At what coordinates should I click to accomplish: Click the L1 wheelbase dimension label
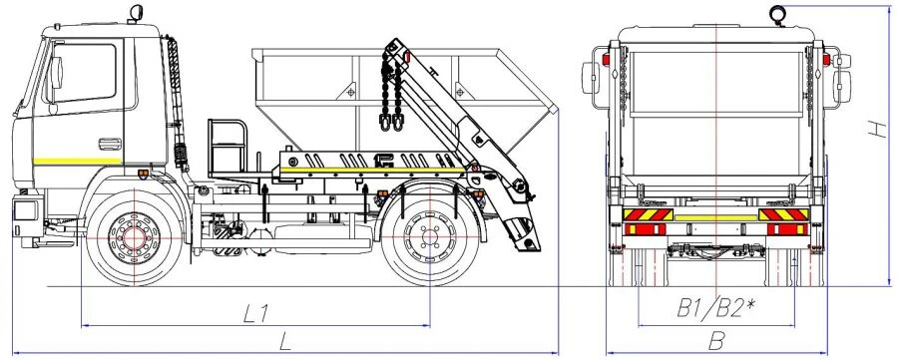point(256,312)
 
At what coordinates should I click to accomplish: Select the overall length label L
point(285,341)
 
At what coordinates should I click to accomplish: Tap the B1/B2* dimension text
point(714,308)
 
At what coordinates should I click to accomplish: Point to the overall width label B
point(715,341)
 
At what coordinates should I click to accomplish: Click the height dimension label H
point(875,128)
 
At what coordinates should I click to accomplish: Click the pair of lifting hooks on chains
point(390,123)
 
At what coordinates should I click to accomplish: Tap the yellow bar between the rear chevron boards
point(715,216)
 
